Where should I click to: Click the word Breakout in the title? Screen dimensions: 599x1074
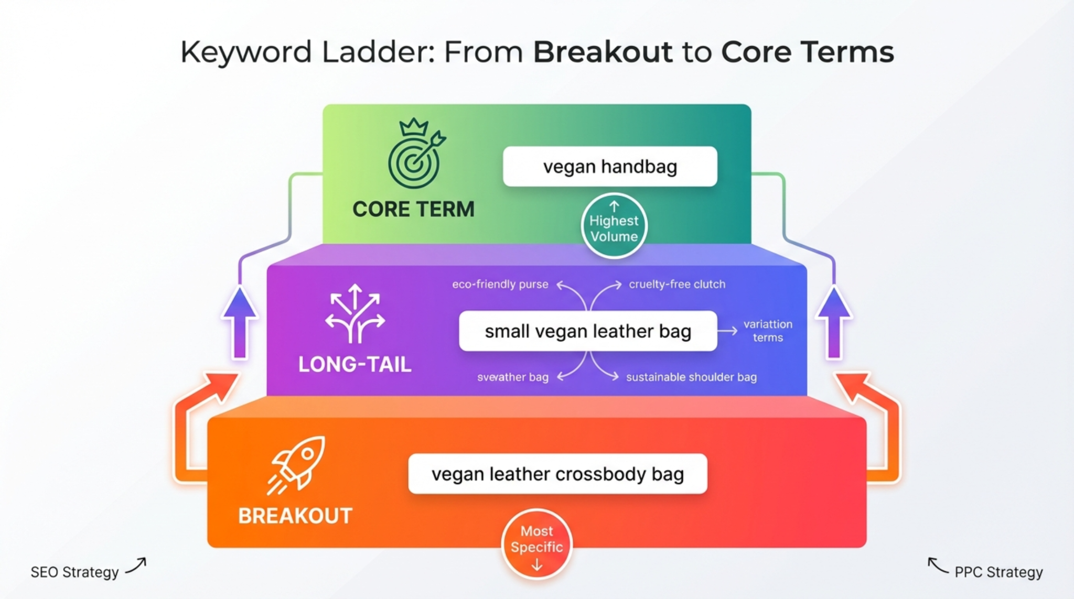(603, 52)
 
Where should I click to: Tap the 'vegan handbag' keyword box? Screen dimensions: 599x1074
(609, 167)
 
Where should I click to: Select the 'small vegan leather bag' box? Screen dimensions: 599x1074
(587, 331)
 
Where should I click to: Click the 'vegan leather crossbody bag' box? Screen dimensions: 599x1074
(557, 474)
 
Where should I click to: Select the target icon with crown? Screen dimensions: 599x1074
(415, 155)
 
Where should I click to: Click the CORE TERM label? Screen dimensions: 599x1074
(413, 209)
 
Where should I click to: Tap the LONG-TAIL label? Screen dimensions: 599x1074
(355, 364)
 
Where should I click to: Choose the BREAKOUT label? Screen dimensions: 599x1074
(295, 516)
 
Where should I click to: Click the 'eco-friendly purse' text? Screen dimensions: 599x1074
(500, 285)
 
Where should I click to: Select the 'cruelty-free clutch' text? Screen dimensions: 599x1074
(677, 285)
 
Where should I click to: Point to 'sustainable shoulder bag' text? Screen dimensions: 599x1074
(691, 377)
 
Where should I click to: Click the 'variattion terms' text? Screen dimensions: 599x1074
(768, 331)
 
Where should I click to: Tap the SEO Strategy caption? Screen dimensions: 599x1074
(74, 572)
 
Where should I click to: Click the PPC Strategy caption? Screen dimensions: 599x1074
(998, 572)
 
